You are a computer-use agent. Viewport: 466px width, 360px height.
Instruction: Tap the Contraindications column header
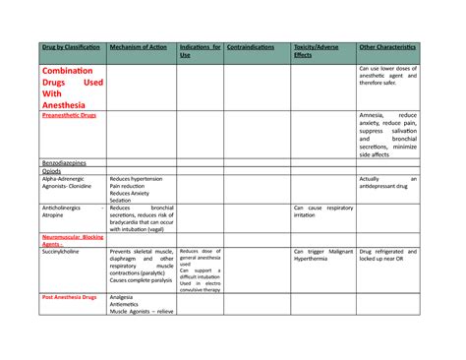click(252, 46)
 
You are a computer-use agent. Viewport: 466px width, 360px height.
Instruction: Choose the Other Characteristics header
click(387, 46)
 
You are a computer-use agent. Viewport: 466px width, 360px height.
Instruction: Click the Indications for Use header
click(200, 51)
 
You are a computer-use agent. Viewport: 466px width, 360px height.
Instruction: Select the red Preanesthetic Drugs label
click(69, 115)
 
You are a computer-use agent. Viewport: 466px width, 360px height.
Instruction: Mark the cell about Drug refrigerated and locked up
click(387, 256)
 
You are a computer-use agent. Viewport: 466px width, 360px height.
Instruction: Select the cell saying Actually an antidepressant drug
click(387, 183)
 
